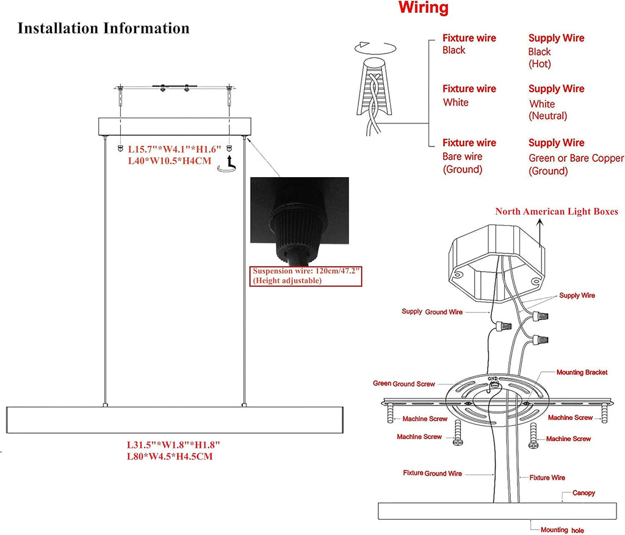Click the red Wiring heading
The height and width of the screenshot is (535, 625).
point(423,9)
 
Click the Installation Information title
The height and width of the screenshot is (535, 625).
point(103,28)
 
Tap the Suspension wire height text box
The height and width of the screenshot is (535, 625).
point(306,275)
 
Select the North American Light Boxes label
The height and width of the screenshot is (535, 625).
point(556,211)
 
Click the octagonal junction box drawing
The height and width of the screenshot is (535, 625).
point(496,263)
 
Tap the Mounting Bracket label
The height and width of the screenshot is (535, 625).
point(581,372)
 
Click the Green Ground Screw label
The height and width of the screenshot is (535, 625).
point(403,384)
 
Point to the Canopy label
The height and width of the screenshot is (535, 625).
point(583,493)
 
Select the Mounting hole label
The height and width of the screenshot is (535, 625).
point(562,530)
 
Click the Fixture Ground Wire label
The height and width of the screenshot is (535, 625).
point(432,473)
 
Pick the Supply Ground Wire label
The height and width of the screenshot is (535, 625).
point(432,312)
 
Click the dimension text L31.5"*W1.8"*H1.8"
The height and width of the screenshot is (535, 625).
point(174,445)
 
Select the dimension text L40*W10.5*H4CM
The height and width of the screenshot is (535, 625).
point(169,161)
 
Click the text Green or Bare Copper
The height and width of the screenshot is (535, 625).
point(576,158)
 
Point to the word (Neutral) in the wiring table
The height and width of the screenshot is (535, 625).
point(547,115)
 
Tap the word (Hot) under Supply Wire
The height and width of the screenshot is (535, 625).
point(540,64)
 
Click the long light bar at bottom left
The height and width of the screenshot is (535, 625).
point(173,420)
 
